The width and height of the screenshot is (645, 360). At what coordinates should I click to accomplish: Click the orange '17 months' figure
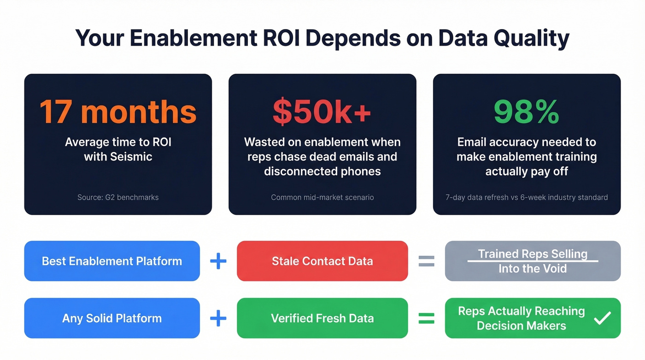click(118, 112)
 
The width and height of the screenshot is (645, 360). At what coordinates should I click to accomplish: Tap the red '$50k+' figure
click(322, 112)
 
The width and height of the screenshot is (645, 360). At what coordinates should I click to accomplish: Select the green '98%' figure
click(527, 112)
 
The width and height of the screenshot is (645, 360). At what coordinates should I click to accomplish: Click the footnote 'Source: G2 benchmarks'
click(118, 197)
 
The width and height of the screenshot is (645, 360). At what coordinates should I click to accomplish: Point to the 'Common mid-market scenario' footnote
click(322, 197)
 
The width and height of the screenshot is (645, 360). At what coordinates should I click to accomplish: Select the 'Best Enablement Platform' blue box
click(112, 261)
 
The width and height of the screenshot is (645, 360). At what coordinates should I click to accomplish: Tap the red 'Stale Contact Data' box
click(322, 261)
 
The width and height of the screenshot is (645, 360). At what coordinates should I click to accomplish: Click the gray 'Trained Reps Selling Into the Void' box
click(533, 261)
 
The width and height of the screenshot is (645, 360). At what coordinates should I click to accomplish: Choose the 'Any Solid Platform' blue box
click(112, 318)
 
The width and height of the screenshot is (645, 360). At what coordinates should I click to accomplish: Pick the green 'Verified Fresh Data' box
click(322, 318)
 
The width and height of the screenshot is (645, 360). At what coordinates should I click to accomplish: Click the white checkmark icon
click(602, 318)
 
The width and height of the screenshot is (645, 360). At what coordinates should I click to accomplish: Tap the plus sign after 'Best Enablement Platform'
click(218, 261)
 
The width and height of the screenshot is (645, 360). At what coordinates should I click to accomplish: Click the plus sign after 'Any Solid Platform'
click(218, 318)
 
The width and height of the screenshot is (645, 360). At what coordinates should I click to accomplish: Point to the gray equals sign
click(426, 261)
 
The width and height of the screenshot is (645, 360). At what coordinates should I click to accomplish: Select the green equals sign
click(426, 318)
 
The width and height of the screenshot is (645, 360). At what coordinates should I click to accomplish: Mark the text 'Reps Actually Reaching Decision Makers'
click(521, 319)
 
